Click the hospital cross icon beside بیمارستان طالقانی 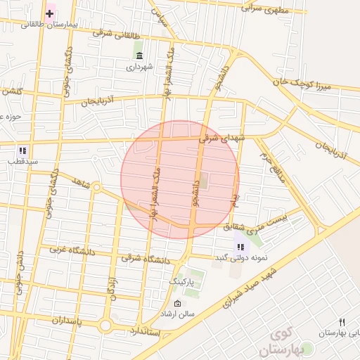(50, 13)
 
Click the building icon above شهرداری (139, 56)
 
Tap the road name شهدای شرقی (222, 138)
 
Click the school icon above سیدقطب (22, 150)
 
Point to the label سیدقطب (22, 161)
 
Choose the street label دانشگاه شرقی (146, 259)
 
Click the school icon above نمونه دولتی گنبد (241, 247)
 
